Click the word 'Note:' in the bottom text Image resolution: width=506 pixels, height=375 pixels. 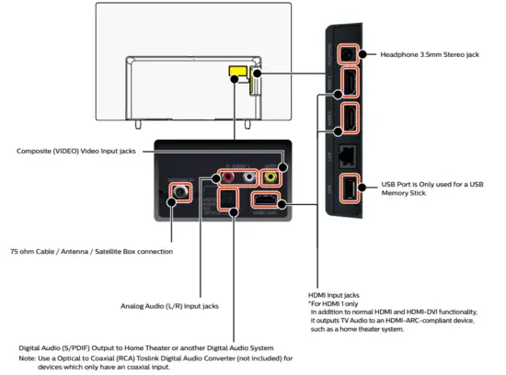(29, 358)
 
